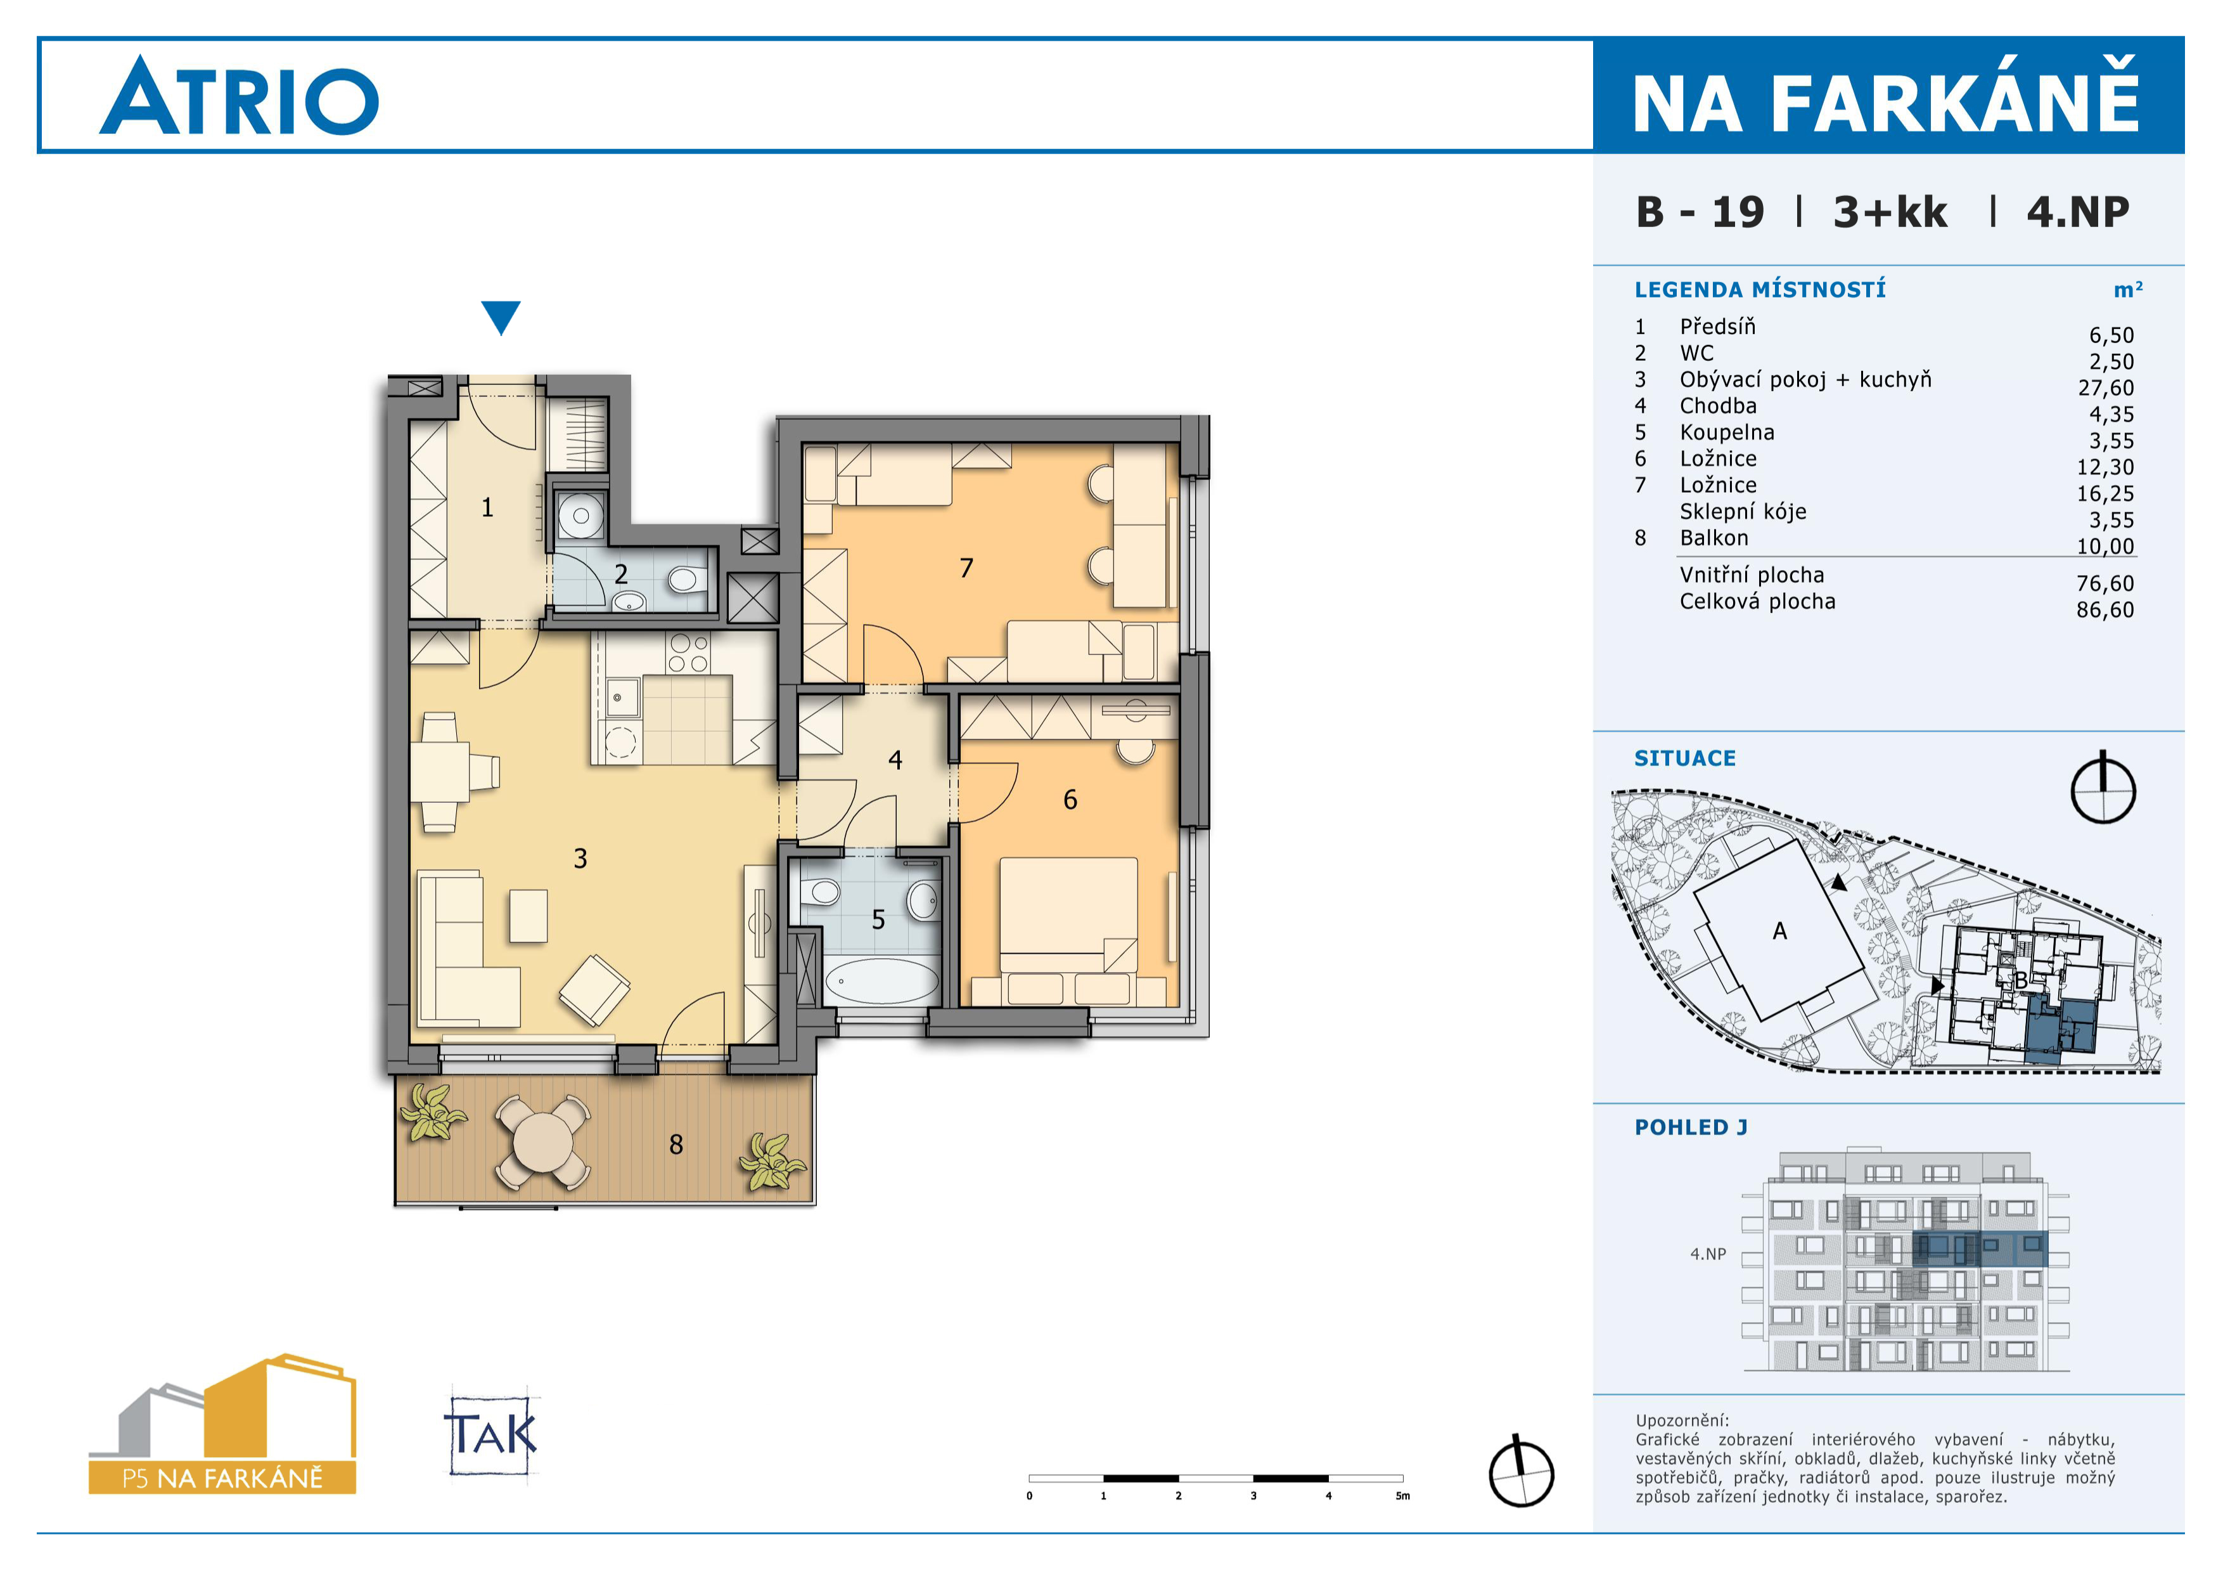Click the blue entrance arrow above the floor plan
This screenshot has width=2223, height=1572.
501,316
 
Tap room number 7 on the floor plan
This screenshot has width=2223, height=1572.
965,568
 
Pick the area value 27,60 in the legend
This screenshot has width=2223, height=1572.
2105,387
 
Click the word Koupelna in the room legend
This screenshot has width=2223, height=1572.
1726,432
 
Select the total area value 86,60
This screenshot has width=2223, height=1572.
2105,609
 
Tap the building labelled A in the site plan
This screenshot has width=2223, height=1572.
1779,931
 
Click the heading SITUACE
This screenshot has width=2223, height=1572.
1685,758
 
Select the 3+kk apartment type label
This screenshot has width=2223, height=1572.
1889,212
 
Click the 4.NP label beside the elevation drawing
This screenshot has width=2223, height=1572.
1708,1253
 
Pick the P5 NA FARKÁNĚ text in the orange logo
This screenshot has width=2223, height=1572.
222,1478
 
